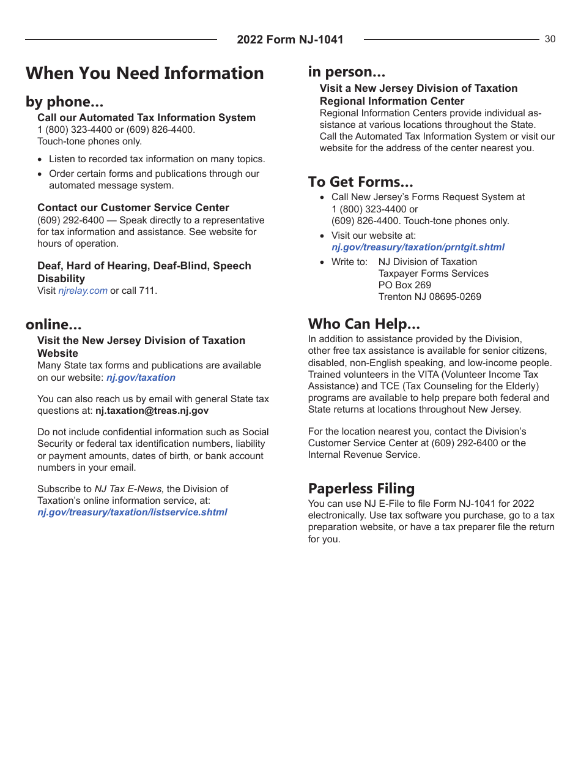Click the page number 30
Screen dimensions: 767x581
pyautogui.click(x=550, y=39)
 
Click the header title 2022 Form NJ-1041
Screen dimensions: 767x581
pyautogui.click(x=290, y=40)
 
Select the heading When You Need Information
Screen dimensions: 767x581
pyautogui.click(x=145, y=73)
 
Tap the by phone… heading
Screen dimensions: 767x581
pyautogui.click(x=64, y=102)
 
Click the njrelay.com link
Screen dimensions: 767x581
pyautogui.click(x=83, y=291)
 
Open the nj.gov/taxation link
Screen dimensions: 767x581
pyautogui.click(x=141, y=378)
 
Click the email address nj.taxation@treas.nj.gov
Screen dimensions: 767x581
pyautogui.click(x=152, y=411)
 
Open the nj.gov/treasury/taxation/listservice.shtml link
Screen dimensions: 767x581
pyautogui.click(x=132, y=512)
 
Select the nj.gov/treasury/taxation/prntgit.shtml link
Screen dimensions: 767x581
pyautogui.click(x=418, y=247)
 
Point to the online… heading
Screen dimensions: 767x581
pyautogui.click(x=54, y=324)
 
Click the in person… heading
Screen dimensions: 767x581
pyautogui.click(x=347, y=72)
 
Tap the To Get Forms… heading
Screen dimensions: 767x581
pyautogui.click(x=361, y=182)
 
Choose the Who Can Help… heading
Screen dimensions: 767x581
pyautogui.click(x=364, y=324)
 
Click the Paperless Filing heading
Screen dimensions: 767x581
pyautogui.click(x=361, y=488)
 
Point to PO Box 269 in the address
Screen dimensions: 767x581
pyautogui.click(x=404, y=285)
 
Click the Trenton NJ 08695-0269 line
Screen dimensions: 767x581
pyautogui.click(x=429, y=297)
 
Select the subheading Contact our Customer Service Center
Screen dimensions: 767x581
pyautogui.click(x=133, y=208)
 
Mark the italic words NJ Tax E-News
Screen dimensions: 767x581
pyautogui.click(x=129, y=489)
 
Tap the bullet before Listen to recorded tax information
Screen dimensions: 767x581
pyautogui.click(x=40, y=160)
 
